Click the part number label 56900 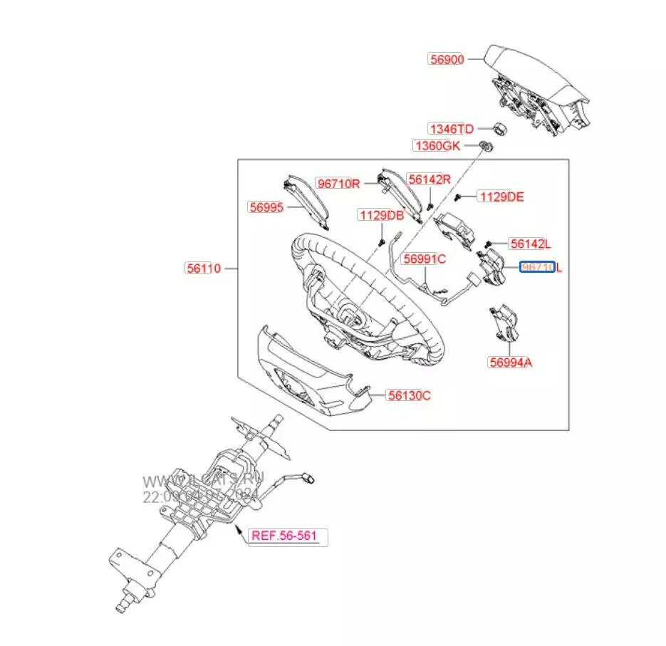[447, 60]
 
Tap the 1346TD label [450, 129]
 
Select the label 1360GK [438, 146]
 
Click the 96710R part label [339, 184]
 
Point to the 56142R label [429, 179]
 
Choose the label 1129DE [501, 197]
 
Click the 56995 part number [266, 207]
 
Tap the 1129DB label [381, 215]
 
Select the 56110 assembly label [203, 269]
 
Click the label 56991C [424, 259]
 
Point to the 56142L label [528, 244]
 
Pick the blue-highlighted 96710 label [538, 268]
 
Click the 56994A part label [510, 363]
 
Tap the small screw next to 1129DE [462, 196]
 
